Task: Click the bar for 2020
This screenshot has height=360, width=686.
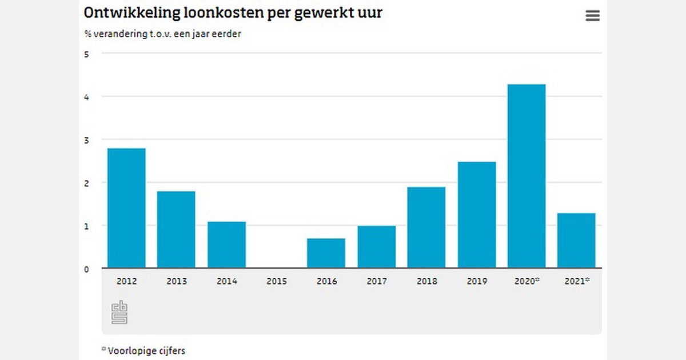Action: point(527,176)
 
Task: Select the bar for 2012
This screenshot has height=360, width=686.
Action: point(126,208)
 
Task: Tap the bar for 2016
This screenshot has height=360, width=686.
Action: point(326,253)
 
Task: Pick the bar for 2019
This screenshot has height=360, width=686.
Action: point(476,215)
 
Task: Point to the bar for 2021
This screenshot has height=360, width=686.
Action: point(576,241)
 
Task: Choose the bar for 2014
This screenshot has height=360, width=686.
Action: point(226,245)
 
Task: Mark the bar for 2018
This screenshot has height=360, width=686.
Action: point(426,227)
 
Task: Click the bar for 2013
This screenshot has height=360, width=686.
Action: point(176,230)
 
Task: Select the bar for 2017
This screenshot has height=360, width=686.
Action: point(376,247)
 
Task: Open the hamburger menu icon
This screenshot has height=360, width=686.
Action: point(593,16)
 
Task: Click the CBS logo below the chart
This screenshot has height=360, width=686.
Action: point(119,313)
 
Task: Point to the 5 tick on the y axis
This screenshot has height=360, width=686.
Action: point(86,54)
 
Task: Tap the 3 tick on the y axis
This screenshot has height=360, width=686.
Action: point(86,140)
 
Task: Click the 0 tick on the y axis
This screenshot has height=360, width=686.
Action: point(86,269)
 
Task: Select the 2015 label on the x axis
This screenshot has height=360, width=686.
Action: point(276,282)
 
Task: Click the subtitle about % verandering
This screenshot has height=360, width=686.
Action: point(162,34)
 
